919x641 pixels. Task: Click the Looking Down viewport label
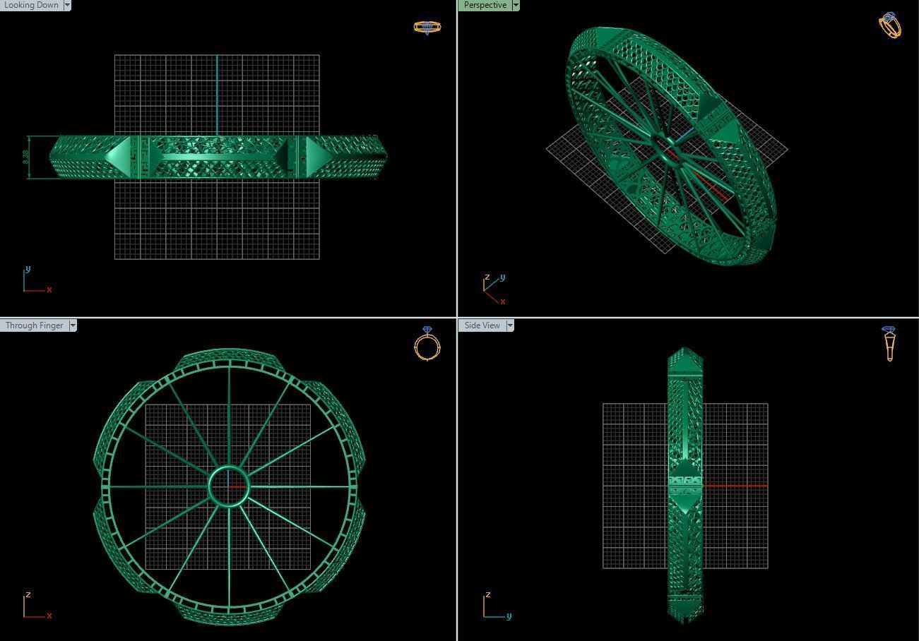coord(31,5)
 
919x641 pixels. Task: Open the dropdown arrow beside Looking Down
coord(67,5)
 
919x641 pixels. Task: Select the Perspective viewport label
coord(485,5)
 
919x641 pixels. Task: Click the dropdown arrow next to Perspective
coord(516,5)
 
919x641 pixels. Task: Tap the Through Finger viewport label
coord(34,325)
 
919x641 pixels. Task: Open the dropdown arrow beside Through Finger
coord(73,325)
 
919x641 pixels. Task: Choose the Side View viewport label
coord(482,325)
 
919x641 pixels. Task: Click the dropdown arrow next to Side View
coord(509,325)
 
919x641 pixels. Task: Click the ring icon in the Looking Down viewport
coord(427,28)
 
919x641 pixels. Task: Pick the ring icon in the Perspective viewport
coord(890,25)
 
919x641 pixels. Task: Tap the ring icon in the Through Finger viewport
coord(427,344)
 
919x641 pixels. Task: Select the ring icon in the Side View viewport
coord(889,344)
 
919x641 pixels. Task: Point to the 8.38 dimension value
coord(26,157)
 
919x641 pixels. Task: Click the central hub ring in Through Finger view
coord(229,486)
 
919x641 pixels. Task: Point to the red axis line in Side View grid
coord(735,486)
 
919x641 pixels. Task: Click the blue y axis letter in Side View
coord(509,616)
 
